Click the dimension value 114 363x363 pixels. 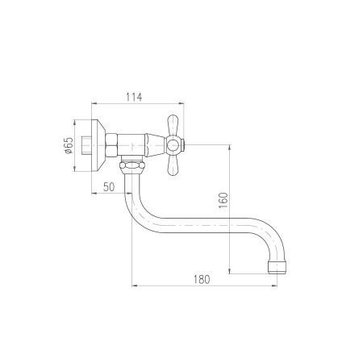tap(134, 97)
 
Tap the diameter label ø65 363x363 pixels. tap(69, 145)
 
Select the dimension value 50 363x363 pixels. tap(109, 186)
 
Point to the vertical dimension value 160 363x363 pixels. tap(223, 200)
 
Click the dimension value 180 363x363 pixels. tap(202, 279)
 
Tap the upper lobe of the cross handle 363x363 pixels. tap(173, 125)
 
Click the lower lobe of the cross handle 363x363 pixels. tap(173, 165)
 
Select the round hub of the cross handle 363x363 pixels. tap(172, 145)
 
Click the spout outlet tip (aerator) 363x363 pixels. tap(277, 267)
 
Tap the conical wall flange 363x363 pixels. tap(98, 145)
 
